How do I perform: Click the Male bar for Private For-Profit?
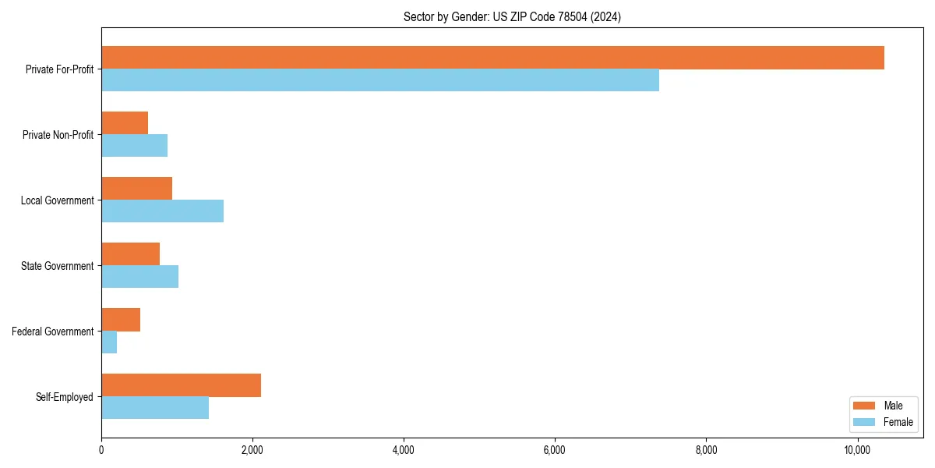point(492,58)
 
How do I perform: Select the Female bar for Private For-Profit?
point(380,80)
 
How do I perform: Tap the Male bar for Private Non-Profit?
point(125,123)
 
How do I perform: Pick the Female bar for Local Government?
point(162,211)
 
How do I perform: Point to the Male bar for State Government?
point(130,254)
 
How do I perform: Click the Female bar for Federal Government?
point(109,342)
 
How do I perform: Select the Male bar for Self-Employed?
point(181,385)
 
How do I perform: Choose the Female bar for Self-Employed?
point(155,408)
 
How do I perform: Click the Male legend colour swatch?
point(864,406)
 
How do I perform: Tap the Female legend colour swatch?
point(864,422)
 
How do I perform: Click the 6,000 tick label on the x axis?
point(554,450)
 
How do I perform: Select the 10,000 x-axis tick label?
point(856,450)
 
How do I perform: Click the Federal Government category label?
point(53,331)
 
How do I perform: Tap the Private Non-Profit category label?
point(58,135)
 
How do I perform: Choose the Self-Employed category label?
point(65,397)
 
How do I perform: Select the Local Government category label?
point(57,200)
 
